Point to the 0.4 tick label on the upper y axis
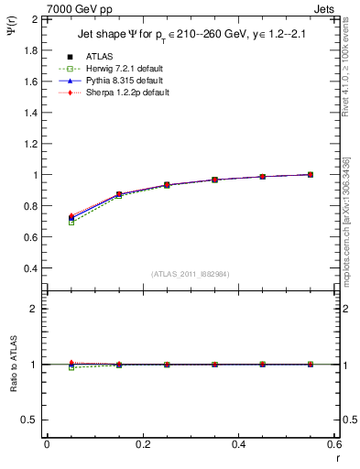tap(31, 268)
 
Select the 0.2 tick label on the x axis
tap(142, 444)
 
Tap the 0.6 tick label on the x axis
tap(334, 444)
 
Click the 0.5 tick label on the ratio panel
tap(31, 420)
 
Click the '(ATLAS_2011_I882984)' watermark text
tap(191, 275)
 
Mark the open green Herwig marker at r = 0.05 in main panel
tap(71, 223)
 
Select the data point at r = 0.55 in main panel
tap(311, 174)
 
